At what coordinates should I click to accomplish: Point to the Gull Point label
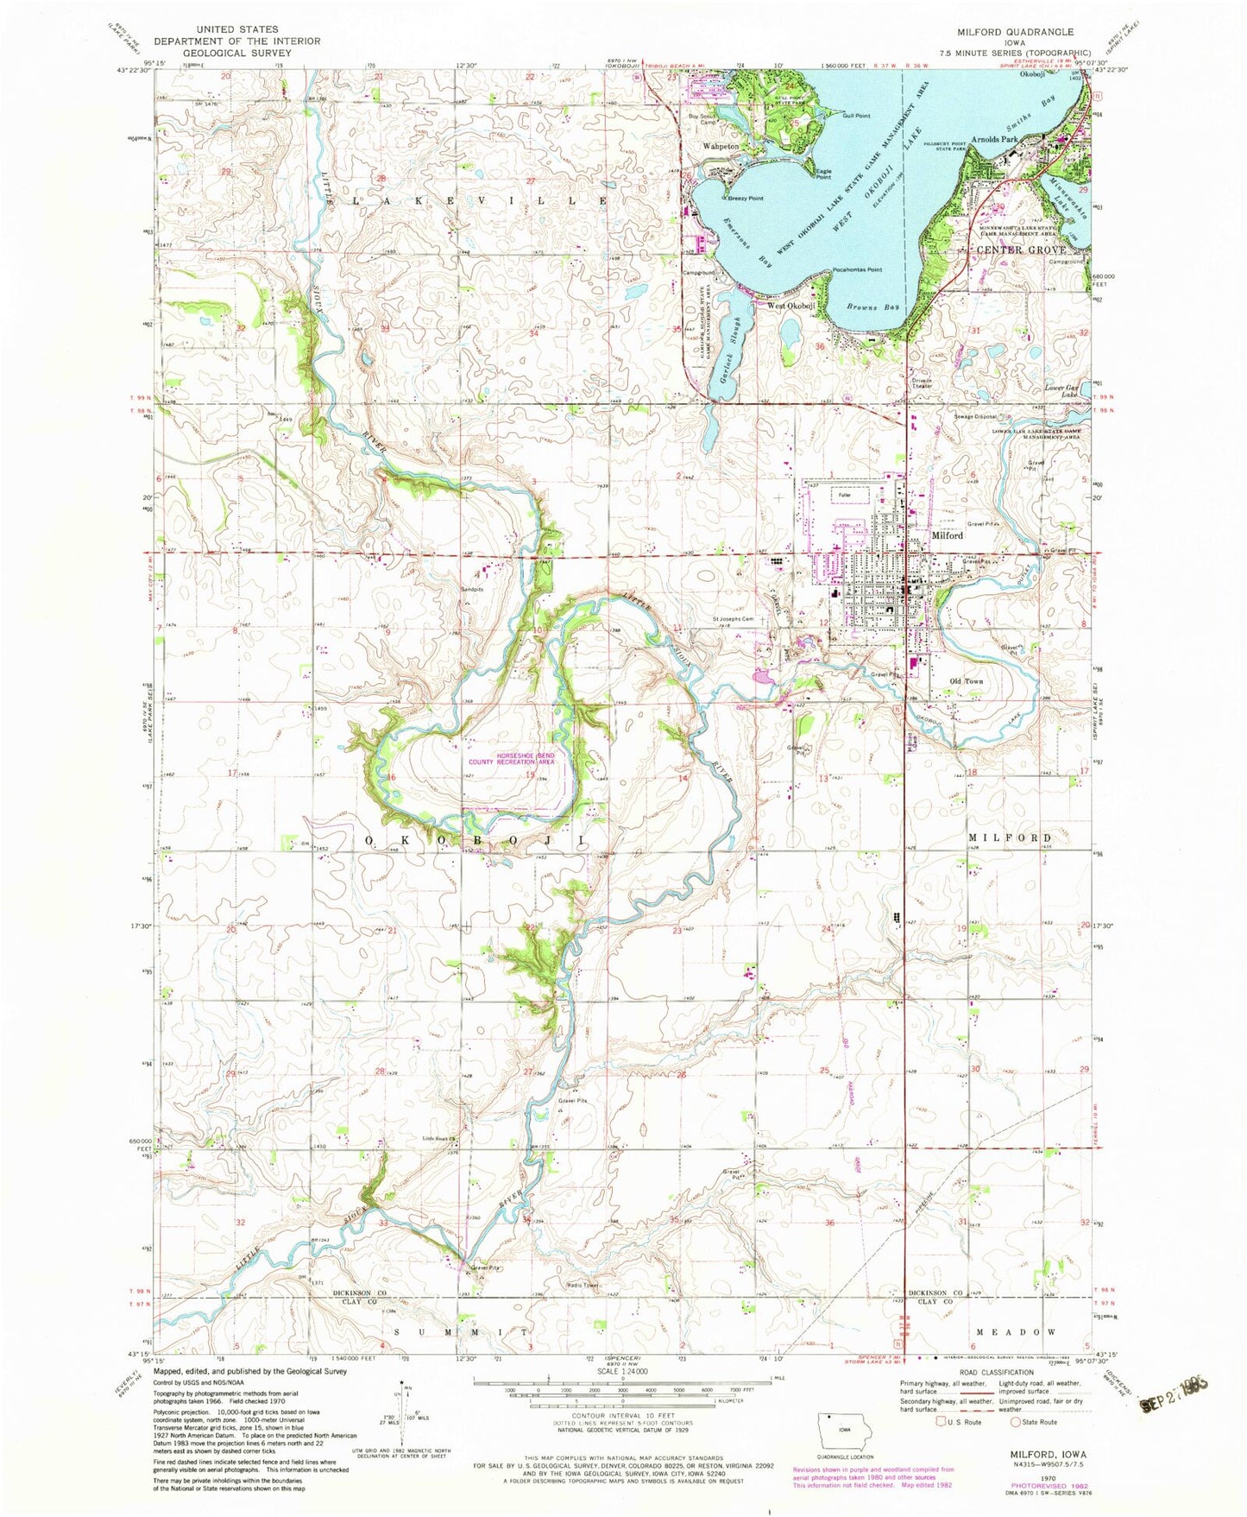pos(855,116)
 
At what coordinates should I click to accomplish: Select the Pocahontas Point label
pos(857,270)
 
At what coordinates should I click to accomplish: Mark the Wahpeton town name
pos(720,147)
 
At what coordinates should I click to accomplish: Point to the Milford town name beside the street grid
pos(947,535)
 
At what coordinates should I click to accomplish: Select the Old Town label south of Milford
pos(966,681)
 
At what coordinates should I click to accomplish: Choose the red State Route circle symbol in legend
pos(1016,1422)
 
